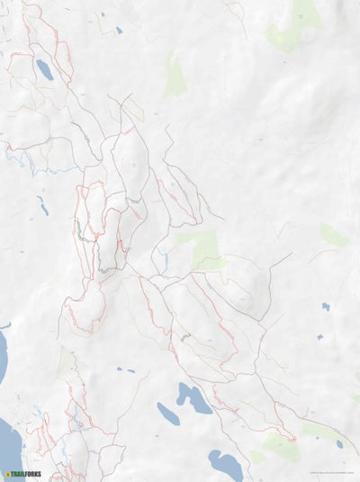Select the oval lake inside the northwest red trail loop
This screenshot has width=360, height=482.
[x=44, y=69]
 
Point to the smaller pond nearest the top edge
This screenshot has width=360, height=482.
[x=102, y=14]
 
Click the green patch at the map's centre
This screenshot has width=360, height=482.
[x=202, y=247]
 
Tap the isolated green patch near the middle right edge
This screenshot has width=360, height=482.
[x=333, y=235]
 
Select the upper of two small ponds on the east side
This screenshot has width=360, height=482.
[x=326, y=306]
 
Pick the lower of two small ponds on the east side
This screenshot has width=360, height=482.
[x=319, y=337]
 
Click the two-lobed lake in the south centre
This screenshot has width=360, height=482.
[x=193, y=397]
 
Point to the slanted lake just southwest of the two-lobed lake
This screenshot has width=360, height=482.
[x=168, y=413]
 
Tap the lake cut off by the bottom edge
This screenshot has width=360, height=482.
[x=225, y=466]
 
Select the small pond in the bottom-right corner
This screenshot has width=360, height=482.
[x=339, y=443]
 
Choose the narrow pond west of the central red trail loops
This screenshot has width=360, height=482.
[x=42, y=206]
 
